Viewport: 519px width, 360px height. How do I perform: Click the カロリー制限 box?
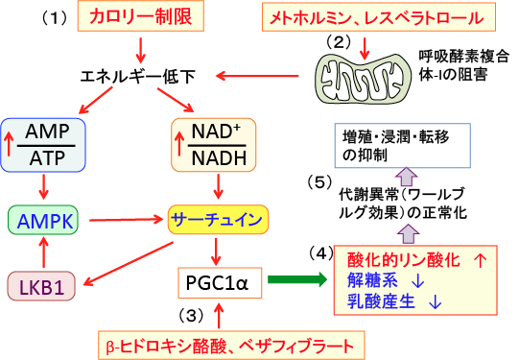[141, 16]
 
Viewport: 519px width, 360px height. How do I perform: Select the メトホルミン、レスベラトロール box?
[379, 17]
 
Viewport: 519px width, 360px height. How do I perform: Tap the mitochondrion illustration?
[363, 78]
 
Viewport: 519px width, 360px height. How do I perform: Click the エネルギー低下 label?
[138, 77]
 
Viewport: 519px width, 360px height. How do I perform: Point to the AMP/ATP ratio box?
[43, 145]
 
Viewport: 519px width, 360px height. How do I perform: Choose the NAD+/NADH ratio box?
[214, 145]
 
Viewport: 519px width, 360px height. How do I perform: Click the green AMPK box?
[43, 220]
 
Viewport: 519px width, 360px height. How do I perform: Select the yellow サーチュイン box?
[218, 220]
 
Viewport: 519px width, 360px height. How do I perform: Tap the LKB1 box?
[41, 286]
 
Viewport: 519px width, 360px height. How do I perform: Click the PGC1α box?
[220, 283]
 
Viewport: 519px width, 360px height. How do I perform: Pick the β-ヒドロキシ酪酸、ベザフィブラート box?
[231, 345]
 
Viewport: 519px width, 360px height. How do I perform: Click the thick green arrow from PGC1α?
[296, 280]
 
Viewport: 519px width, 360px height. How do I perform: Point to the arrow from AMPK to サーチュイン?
[126, 220]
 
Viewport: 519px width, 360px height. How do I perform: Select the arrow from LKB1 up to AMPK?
[43, 252]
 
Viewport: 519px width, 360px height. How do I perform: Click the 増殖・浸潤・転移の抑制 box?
[403, 145]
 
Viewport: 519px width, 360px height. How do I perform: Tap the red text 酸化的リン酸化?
[404, 260]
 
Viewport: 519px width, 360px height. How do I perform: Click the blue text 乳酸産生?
[381, 301]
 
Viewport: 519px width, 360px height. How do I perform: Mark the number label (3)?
[191, 315]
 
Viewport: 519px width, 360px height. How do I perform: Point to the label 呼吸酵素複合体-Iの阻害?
[464, 65]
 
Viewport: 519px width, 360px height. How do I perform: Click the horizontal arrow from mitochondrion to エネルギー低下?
[257, 76]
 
